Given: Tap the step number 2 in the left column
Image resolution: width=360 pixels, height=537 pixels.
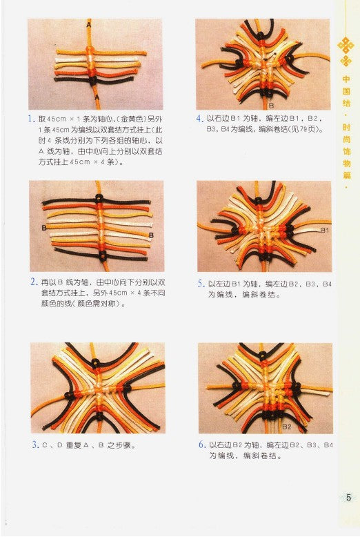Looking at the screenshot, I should pyautogui.click(x=32, y=282).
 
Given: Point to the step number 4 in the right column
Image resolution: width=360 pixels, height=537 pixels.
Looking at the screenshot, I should pyautogui.click(x=199, y=119).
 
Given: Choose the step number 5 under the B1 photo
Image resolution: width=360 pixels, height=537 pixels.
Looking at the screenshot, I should pyautogui.click(x=200, y=283).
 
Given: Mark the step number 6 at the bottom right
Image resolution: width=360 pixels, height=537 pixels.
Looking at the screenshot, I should pyautogui.click(x=201, y=445).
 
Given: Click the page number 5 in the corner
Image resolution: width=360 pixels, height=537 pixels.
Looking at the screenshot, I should pyautogui.click(x=348, y=497).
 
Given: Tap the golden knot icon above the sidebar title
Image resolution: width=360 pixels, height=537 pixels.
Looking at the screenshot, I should pyautogui.click(x=346, y=48).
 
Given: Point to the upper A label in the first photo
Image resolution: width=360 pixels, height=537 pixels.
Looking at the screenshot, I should pyautogui.click(x=89, y=23).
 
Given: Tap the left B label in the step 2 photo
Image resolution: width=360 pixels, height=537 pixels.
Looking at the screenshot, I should pyautogui.click(x=43, y=227).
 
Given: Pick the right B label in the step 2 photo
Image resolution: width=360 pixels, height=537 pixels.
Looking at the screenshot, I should pyautogui.click(x=150, y=236).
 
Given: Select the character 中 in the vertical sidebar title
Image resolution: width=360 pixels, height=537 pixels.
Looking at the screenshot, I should pyautogui.click(x=346, y=78).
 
